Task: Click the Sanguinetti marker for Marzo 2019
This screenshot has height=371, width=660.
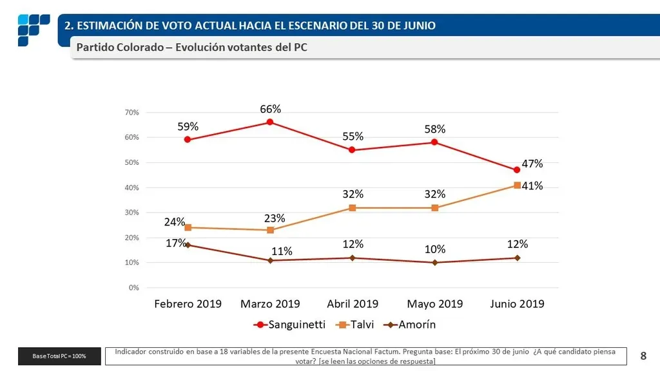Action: tap(270, 122)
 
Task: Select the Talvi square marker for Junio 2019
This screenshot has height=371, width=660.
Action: tap(517, 185)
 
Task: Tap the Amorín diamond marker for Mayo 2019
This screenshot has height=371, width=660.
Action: tap(435, 263)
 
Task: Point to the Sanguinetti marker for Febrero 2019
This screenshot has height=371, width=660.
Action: tap(188, 139)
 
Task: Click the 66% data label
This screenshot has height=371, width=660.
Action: tap(270, 109)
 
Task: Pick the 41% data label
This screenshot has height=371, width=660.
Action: tap(532, 185)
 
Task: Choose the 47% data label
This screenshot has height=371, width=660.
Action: tap(532, 164)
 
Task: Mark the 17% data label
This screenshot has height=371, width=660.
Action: tap(175, 243)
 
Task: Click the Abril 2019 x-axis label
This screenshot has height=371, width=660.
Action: tap(353, 303)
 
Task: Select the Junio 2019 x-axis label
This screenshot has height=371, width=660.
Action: tap(517, 303)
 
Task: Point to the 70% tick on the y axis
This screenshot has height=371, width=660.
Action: tap(131, 113)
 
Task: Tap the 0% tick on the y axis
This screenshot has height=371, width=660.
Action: tap(133, 288)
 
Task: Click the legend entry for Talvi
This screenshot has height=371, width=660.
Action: tap(353, 325)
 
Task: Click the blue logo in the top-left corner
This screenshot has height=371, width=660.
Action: tap(33, 30)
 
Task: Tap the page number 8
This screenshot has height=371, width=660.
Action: tap(643, 355)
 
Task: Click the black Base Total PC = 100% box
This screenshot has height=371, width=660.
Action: tap(60, 356)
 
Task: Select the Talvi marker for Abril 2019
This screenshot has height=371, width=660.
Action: tap(353, 208)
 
